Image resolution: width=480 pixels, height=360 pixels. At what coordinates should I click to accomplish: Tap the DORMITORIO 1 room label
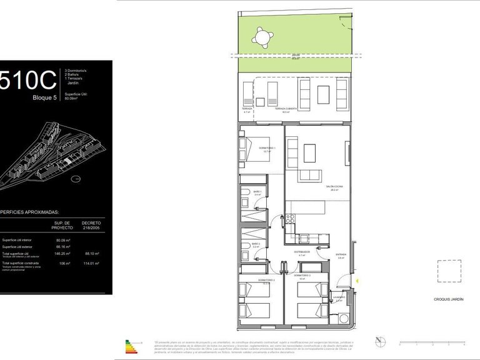[x=267, y=149]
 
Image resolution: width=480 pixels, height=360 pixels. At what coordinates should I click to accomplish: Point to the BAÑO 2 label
[x=256, y=244]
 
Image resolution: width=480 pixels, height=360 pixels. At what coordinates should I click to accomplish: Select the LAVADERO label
[x=338, y=297]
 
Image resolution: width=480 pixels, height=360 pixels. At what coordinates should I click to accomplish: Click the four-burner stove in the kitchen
[x=290, y=219]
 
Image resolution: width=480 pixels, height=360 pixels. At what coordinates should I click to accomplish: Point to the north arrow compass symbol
[x=379, y=341]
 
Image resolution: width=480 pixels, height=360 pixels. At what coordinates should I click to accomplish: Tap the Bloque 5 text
[x=44, y=97]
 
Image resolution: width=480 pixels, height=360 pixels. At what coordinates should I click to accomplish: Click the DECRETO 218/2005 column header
[x=91, y=224]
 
